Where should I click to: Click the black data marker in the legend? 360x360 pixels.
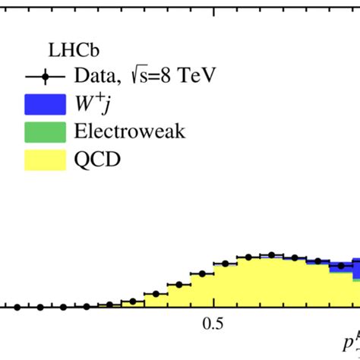[x=45, y=76]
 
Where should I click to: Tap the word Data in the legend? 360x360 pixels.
[x=90, y=76]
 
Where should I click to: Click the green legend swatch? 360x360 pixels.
[x=45, y=131]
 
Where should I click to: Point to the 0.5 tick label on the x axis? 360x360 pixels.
[x=214, y=323]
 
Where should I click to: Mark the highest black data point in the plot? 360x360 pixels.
[x=270, y=254]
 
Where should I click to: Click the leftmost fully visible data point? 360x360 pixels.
[x=17, y=307]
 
